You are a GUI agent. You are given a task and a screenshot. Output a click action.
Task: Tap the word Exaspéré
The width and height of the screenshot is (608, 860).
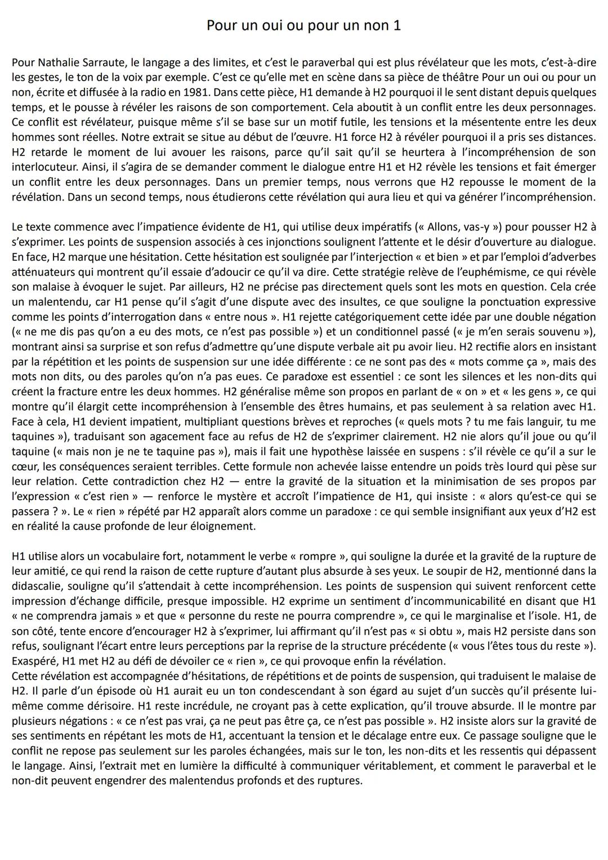(x=34, y=661)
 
